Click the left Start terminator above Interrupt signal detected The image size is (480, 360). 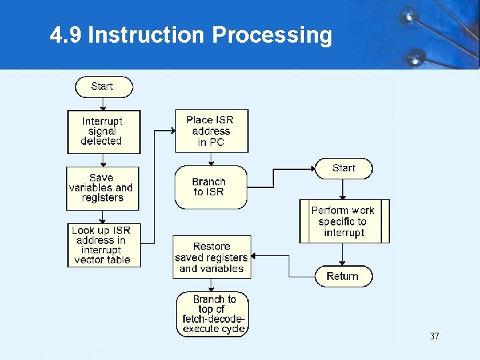pos(103,87)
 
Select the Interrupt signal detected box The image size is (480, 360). pos(103,131)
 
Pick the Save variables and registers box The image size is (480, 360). pos(103,187)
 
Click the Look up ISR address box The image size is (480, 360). pos(103,245)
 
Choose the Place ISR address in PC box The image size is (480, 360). pos(211,131)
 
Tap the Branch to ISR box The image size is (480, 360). pos(209,187)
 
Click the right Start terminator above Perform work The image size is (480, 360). pos(343,169)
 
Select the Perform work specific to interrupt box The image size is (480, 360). pos(343,221)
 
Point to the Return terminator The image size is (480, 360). pos(343,276)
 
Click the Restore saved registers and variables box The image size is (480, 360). pos(211,257)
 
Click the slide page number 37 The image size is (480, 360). pos(435,337)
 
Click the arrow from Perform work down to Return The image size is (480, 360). pos(343,254)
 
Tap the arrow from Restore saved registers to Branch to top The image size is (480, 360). pos(211,285)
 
